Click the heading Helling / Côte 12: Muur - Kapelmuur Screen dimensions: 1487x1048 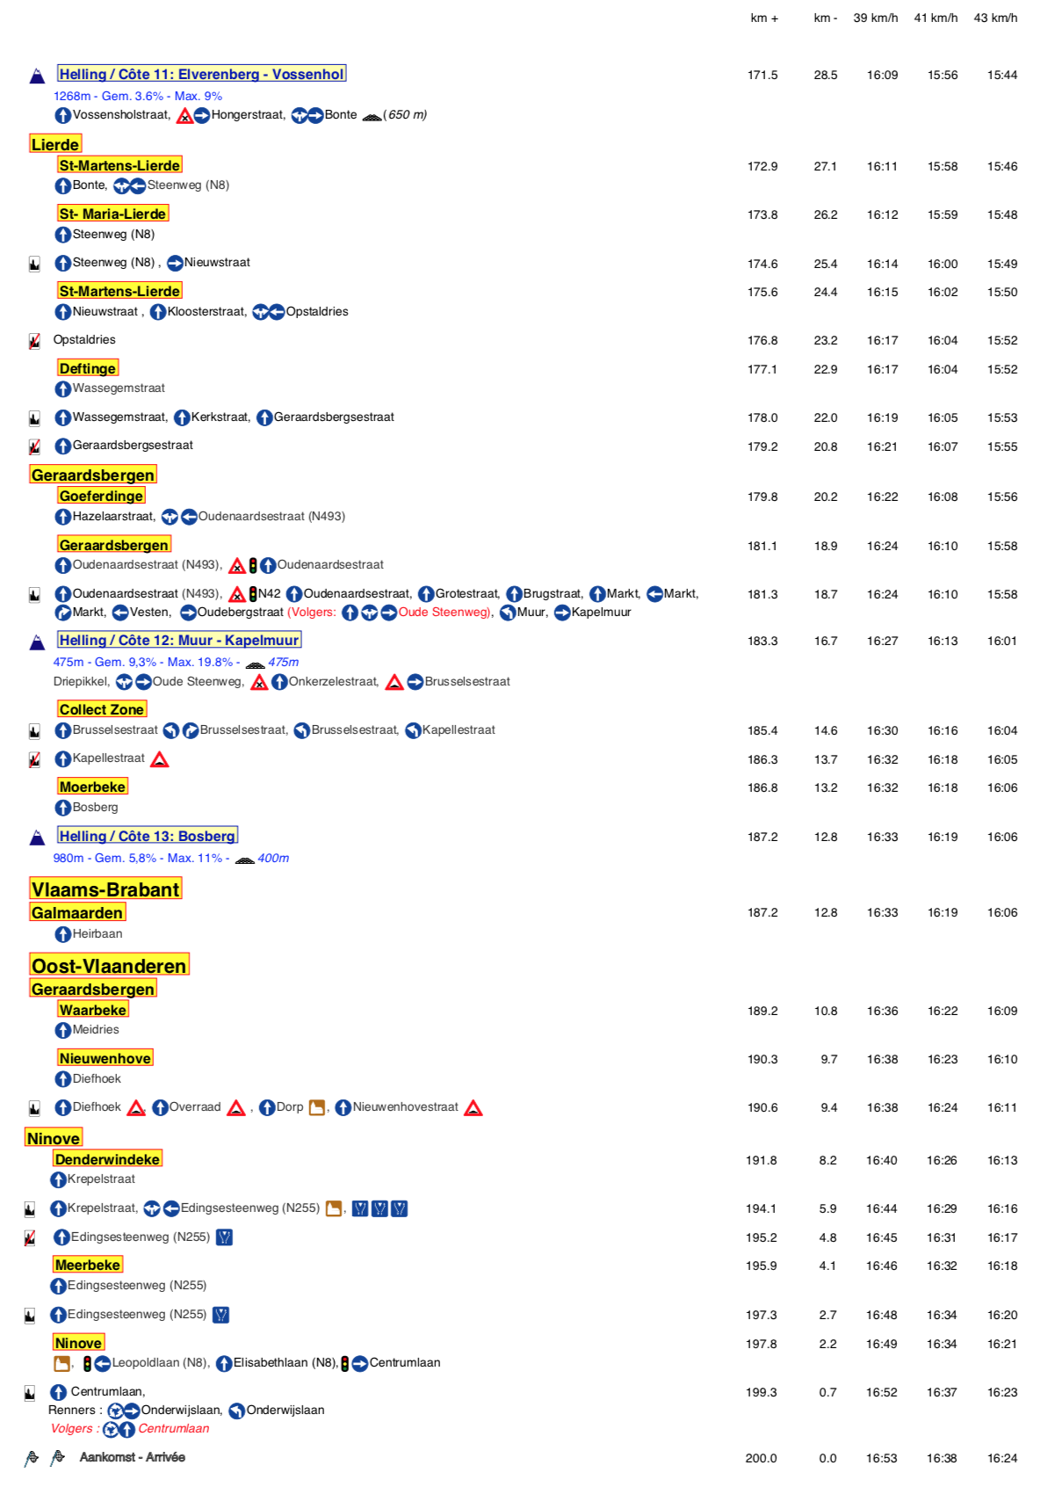coord(179,640)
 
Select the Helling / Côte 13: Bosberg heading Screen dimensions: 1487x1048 coord(148,836)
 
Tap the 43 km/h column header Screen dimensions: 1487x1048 coord(995,18)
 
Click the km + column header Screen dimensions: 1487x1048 coord(764,18)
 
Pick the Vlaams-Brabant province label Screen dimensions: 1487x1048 coord(105,889)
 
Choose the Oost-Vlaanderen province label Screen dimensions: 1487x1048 coord(109,966)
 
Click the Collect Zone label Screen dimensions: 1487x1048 coord(102,709)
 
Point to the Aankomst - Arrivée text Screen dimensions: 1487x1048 coord(132,1457)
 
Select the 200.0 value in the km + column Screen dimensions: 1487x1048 coord(761,1458)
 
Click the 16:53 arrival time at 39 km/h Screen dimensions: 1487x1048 coord(881,1458)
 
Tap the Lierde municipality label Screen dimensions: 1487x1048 coord(55,144)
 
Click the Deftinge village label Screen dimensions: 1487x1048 coord(88,368)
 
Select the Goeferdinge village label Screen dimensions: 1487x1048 coord(101,496)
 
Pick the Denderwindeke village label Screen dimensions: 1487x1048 coord(107,1159)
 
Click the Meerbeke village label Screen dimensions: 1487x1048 coord(88,1265)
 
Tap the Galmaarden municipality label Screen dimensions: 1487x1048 coord(77,913)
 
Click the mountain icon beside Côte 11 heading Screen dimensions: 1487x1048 coord(37,76)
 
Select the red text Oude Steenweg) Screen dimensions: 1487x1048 coord(445,613)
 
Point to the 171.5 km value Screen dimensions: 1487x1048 coord(763,75)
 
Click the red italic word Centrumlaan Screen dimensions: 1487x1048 coord(174,1428)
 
